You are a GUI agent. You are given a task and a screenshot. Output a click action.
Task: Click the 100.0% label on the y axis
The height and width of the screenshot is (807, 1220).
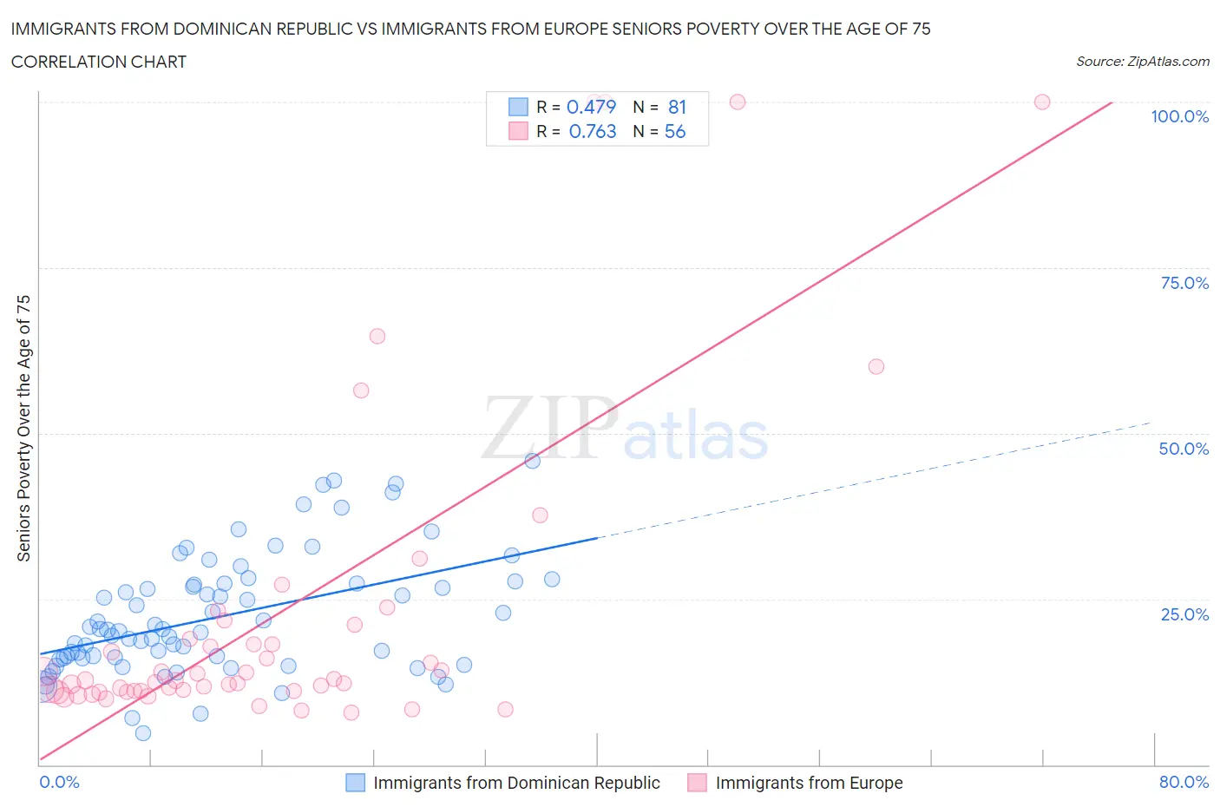click(1179, 116)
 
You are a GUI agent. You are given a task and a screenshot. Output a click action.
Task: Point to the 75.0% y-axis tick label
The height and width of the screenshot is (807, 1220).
click(1184, 283)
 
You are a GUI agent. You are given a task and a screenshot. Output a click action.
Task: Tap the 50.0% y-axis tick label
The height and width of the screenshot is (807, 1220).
click(1184, 449)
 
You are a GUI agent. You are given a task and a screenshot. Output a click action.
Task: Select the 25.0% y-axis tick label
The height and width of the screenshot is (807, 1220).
click(1184, 614)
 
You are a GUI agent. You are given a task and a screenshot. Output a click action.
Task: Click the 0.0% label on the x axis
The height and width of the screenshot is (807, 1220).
click(59, 782)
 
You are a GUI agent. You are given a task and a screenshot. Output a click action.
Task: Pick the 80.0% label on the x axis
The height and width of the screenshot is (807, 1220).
click(1184, 782)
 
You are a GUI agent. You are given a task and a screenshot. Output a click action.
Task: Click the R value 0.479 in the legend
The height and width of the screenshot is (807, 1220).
click(591, 107)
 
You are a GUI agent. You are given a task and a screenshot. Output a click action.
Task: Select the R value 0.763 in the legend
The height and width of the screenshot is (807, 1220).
click(593, 131)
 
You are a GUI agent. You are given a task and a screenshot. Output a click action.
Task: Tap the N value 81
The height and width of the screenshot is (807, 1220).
click(677, 107)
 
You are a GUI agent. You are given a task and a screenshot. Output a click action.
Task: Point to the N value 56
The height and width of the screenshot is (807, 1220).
click(675, 131)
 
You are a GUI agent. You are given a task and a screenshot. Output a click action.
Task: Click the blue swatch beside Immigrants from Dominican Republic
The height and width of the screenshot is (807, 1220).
click(356, 783)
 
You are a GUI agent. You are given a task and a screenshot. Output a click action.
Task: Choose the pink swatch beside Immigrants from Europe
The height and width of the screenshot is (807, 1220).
click(697, 783)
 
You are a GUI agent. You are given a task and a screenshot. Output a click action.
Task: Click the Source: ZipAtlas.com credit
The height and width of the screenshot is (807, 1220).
click(1142, 62)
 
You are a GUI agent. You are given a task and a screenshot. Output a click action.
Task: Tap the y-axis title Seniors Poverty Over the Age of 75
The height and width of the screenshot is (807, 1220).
click(23, 428)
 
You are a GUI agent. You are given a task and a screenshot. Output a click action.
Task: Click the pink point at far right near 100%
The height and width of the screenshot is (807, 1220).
click(1042, 102)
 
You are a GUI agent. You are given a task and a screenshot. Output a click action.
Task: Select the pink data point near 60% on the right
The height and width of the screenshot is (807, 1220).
click(876, 366)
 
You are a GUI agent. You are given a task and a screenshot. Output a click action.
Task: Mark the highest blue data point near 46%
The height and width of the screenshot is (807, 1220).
click(533, 461)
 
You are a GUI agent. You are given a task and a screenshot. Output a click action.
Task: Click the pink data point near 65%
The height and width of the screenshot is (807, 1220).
click(377, 336)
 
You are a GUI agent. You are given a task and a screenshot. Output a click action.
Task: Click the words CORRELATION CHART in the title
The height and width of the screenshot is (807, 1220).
click(99, 62)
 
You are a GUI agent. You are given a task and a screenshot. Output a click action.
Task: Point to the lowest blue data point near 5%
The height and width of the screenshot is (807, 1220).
click(143, 733)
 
